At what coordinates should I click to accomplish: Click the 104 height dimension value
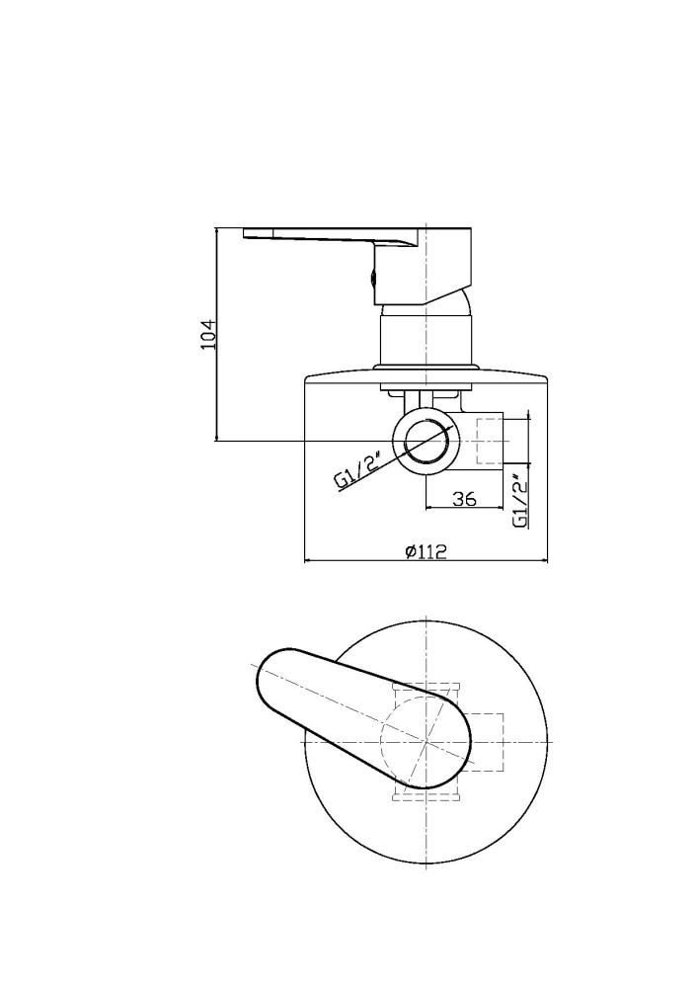209,334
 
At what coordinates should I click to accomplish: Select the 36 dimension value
464,499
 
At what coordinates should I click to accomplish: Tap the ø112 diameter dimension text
426,552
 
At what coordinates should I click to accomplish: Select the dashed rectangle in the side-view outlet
491,441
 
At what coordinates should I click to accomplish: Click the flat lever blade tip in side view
247,232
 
